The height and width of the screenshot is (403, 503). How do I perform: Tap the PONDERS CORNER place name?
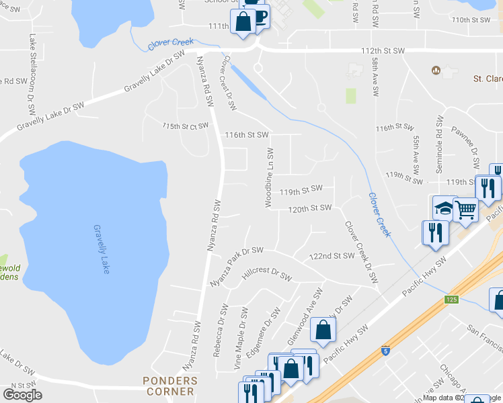click(x=171, y=386)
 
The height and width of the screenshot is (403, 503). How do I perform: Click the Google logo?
click(x=22, y=395)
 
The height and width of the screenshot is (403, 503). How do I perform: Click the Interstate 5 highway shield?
click(x=384, y=351)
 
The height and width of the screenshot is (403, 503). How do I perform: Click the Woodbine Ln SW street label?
click(x=269, y=178)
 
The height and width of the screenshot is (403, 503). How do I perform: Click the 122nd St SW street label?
click(x=332, y=256)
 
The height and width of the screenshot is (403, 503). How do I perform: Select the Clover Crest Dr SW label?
click(x=229, y=82)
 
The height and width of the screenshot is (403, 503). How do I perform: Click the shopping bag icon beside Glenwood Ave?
click(x=323, y=330)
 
